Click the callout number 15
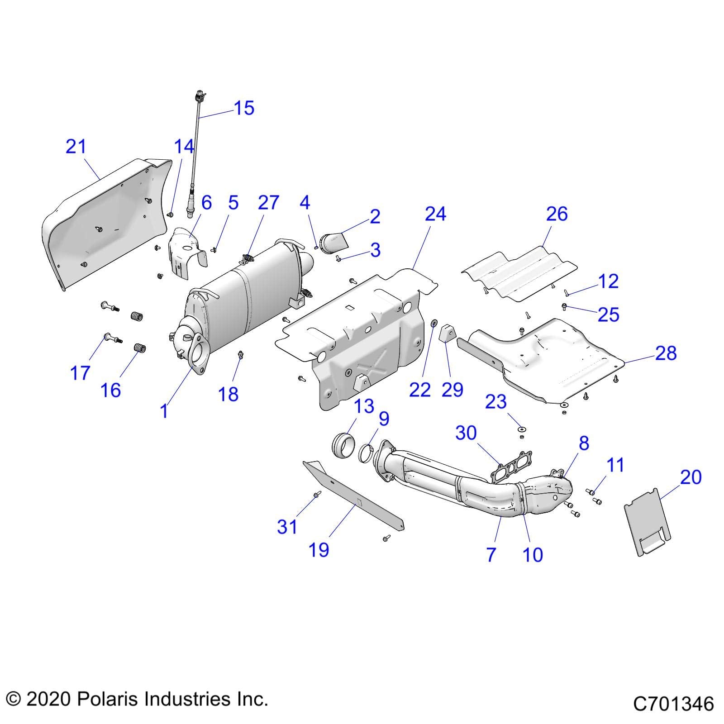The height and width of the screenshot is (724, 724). pyautogui.click(x=244, y=108)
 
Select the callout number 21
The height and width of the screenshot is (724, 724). pyautogui.click(x=76, y=147)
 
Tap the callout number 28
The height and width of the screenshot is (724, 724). pyautogui.click(x=666, y=353)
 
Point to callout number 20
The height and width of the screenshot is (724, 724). pyautogui.click(x=691, y=477)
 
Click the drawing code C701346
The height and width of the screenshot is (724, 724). pyautogui.click(x=673, y=704)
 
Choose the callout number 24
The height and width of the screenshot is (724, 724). pyautogui.click(x=435, y=214)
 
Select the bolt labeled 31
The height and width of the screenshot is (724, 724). pyautogui.click(x=317, y=495)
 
